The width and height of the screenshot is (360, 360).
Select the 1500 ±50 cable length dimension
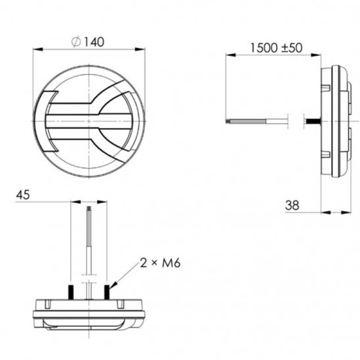277,47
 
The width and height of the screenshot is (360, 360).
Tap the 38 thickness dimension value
292,205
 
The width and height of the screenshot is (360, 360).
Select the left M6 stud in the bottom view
71,292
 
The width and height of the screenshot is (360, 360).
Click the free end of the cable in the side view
227,121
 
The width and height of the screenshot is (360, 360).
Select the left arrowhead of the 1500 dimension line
229,55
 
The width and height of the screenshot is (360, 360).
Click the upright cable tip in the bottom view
90,209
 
